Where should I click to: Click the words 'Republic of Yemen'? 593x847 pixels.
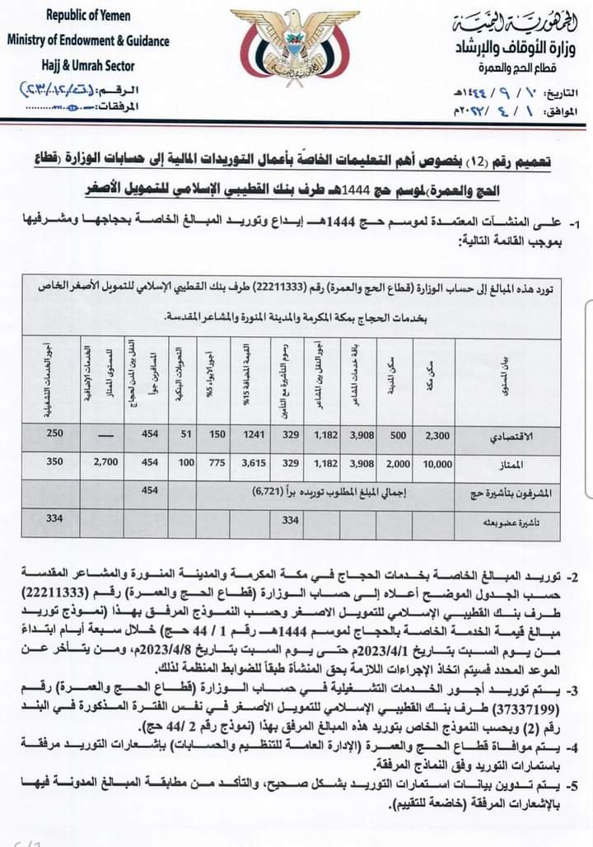click(x=89, y=16)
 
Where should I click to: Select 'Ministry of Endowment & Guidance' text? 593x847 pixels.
click(x=89, y=40)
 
